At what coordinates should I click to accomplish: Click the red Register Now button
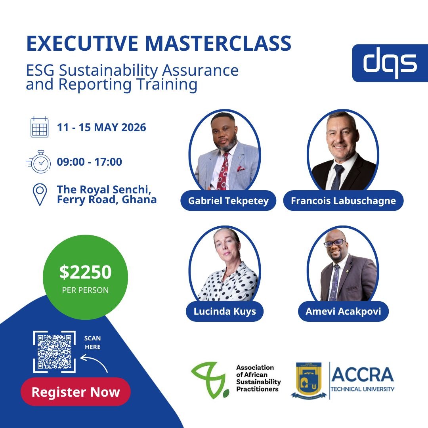[76, 392]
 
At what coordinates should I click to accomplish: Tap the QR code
[55, 352]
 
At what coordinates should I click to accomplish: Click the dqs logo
[390, 63]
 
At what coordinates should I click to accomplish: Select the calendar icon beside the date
[40, 127]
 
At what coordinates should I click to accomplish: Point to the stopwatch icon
[39, 162]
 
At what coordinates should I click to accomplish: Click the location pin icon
[40, 194]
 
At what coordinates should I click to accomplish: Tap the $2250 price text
[86, 272]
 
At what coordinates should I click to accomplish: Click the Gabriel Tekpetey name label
[228, 201]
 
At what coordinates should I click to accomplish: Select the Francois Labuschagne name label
[343, 201]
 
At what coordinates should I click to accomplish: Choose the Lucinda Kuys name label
[225, 311]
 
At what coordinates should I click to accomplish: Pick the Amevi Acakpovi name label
[343, 311]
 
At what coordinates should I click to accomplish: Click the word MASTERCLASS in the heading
[218, 43]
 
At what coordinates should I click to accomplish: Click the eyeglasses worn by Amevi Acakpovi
[335, 243]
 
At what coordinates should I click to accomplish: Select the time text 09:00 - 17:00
[89, 162]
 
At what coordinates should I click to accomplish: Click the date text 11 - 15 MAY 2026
[101, 128]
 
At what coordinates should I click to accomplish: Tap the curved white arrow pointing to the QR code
[94, 362]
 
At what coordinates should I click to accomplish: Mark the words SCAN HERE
[92, 342]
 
